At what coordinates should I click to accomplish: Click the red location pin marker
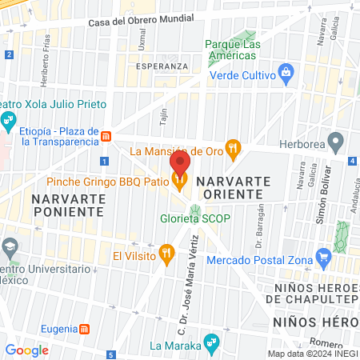point(180,164)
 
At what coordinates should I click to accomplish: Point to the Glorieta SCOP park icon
point(194,209)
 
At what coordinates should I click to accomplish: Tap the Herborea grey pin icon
point(337,144)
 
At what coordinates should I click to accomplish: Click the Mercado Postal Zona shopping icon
point(323,258)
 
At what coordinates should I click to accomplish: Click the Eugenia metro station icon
point(86,329)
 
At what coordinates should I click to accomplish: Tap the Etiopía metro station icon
point(106,137)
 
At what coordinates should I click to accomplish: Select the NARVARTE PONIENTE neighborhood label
point(67,204)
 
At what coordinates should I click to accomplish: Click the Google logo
point(27,350)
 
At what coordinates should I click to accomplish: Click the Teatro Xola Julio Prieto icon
point(8,122)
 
